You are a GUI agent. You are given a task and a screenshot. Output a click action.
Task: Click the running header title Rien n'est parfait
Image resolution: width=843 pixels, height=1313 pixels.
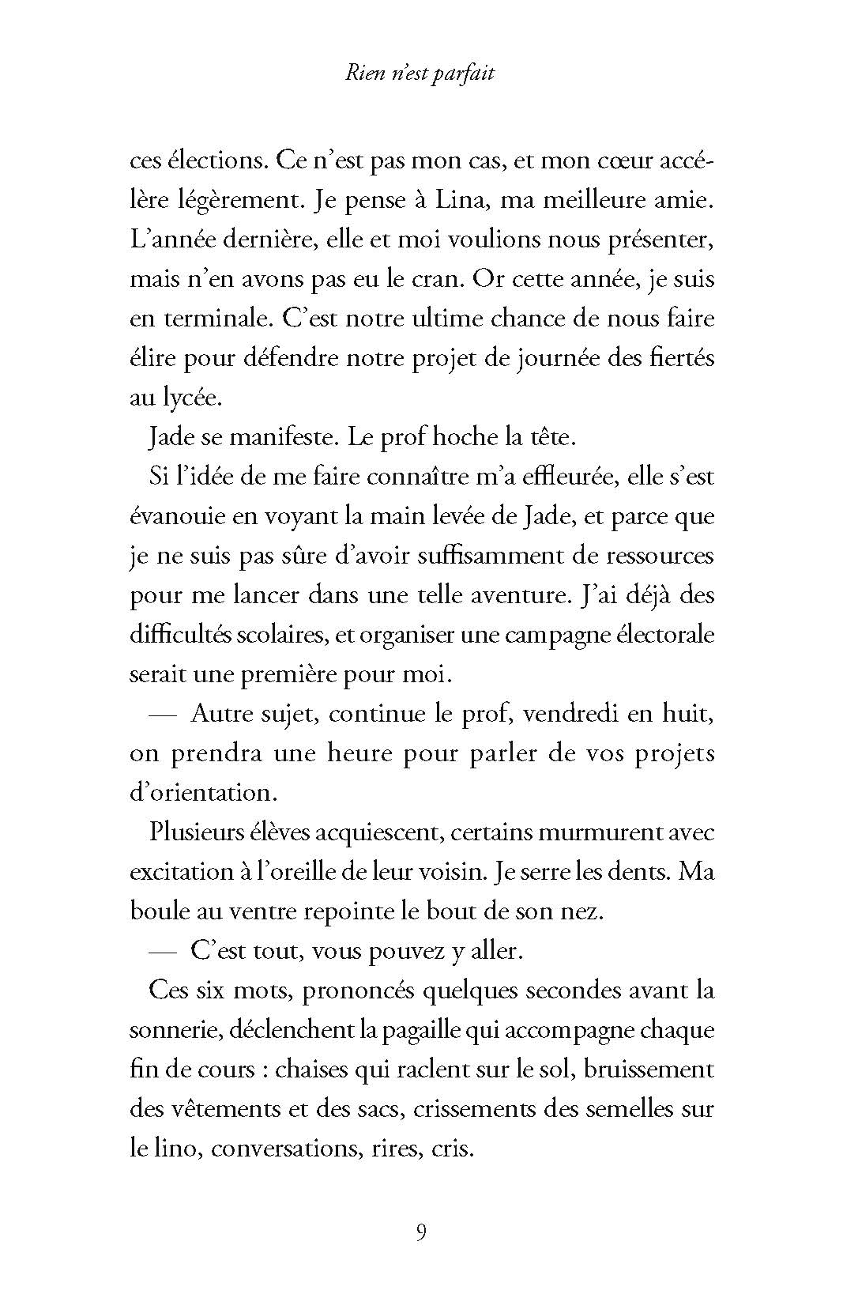420,74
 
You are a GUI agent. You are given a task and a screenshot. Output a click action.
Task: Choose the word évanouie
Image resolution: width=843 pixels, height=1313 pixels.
175,517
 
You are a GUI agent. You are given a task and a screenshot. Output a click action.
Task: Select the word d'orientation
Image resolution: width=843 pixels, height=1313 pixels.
200,793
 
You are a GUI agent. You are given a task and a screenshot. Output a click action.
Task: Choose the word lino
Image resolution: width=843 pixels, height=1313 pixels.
178,1149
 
